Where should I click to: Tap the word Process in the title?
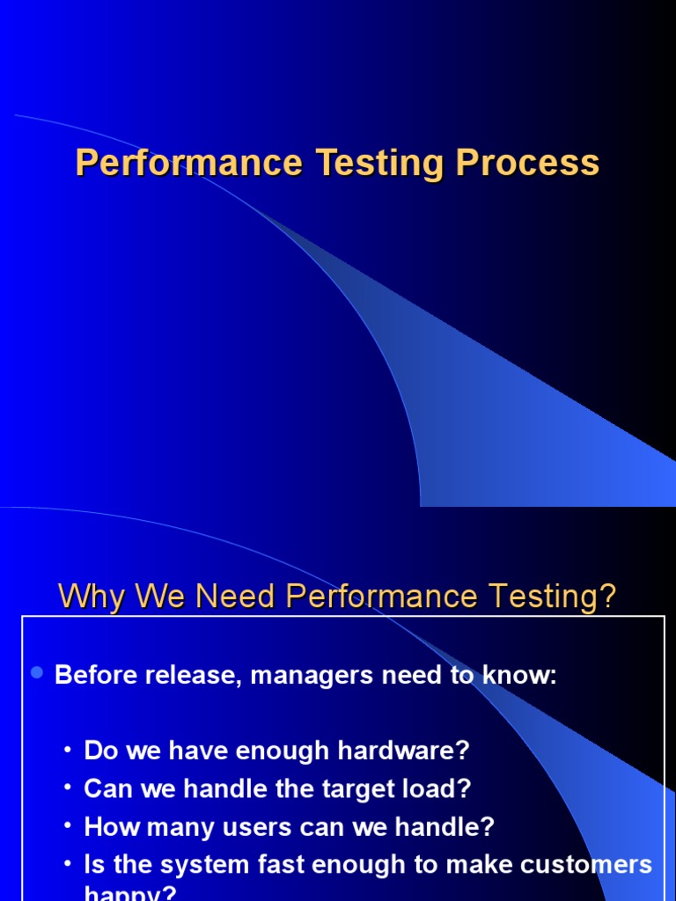click(x=528, y=164)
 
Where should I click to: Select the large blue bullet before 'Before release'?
click(x=37, y=673)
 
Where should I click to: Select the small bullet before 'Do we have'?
click(x=68, y=751)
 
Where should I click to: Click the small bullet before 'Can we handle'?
click(x=68, y=789)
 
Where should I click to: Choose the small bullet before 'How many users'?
click(x=68, y=827)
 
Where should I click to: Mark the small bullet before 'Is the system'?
click(x=68, y=865)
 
